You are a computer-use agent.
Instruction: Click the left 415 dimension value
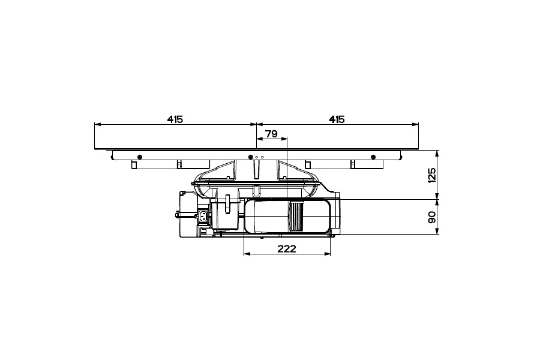click(x=175, y=119)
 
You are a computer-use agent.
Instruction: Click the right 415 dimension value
click(x=337, y=119)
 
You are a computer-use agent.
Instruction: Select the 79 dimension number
click(x=272, y=134)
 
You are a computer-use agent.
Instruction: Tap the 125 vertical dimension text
click(x=431, y=175)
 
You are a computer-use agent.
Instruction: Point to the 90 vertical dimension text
click(x=431, y=217)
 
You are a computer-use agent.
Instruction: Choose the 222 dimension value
click(x=287, y=248)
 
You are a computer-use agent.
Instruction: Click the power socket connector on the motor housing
click(x=203, y=217)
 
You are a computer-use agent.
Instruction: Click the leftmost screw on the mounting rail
click(x=139, y=157)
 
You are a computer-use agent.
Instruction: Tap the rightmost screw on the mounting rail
click(x=373, y=157)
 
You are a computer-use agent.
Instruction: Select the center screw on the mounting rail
click(x=250, y=157)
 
